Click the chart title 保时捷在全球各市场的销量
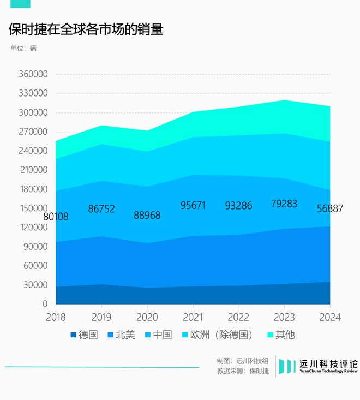click(86, 29)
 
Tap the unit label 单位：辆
click(23, 48)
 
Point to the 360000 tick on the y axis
click(34, 74)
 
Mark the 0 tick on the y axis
click(45, 304)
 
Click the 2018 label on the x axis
click(56, 317)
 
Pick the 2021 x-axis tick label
click(193, 317)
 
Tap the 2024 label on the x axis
click(330, 317)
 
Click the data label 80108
click(56, 217)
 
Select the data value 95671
click(193, 205)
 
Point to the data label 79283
click(284, 204)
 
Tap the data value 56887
click(330, 208)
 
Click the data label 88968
click(147, 216)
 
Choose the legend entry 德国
click(84, 335)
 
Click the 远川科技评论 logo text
click(328, 365)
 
